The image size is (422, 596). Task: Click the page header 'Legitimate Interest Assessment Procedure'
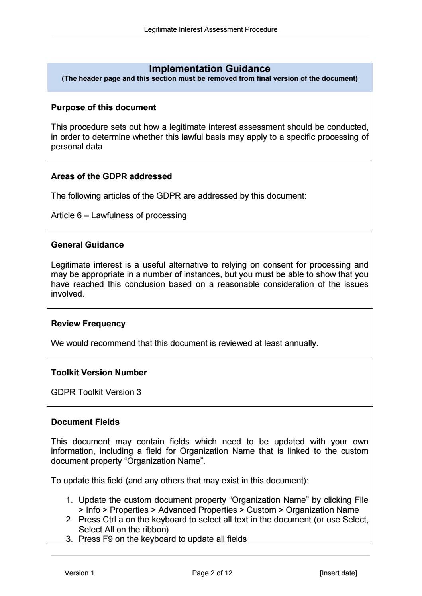click(210, 29)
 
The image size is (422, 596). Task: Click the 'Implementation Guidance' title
click(210, 69)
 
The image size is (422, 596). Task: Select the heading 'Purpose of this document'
click(103, 107)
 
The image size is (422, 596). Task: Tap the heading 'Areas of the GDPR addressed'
click(112, 176)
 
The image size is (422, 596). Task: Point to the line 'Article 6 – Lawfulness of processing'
click(119, 215)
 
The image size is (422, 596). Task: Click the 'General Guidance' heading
click(87, 245)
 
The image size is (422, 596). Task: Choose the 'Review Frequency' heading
click(88, 324)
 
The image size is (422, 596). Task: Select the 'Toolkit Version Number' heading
click(99, 373)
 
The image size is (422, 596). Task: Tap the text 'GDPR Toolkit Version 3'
click(96, 392)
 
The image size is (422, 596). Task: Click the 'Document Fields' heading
click(85, 422)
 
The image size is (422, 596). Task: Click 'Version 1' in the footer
click(79, 573)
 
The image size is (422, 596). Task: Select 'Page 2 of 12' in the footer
click(212, 573)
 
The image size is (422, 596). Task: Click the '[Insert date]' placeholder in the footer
click(338, 573)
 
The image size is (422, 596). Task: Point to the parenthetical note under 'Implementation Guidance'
click(210, 78)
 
